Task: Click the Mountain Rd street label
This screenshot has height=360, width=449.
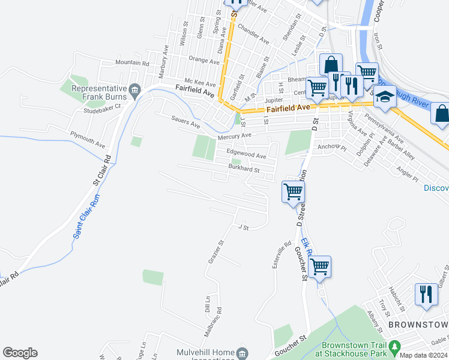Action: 131,63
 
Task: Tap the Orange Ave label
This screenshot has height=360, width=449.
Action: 203,61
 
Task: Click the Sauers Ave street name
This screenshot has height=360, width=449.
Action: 185,124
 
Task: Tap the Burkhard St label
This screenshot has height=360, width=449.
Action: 243,170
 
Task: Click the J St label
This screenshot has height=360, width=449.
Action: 243,227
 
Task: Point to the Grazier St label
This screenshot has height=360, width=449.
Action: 215,252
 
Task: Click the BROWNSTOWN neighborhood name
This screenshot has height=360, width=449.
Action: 418,325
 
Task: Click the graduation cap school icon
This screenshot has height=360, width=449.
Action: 384,96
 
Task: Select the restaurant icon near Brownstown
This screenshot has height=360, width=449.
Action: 426,294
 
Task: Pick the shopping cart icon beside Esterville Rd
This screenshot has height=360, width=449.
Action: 320,266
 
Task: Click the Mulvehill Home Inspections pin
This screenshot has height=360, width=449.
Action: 242,352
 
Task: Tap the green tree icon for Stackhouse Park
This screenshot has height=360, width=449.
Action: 394,347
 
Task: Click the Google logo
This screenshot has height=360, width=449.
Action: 20,353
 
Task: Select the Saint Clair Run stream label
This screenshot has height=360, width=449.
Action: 88,217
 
